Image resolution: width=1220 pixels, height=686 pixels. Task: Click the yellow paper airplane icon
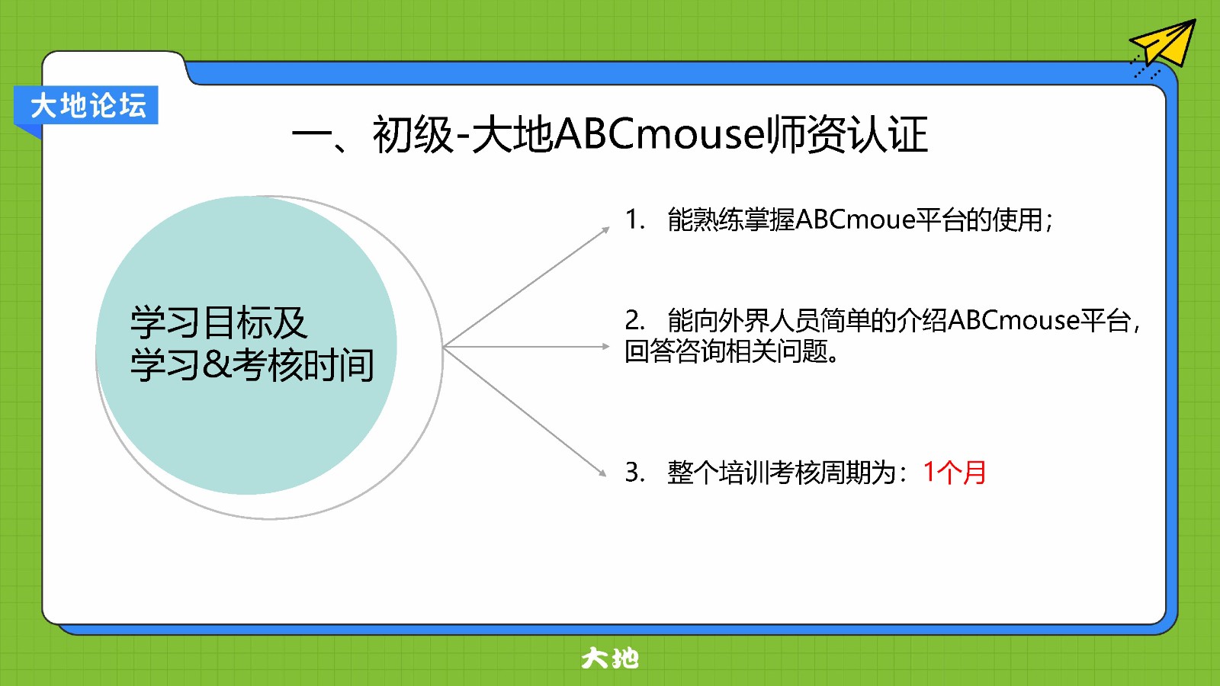[x=1166, y=45]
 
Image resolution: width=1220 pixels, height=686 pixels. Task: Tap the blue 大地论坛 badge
[x=86, y=105]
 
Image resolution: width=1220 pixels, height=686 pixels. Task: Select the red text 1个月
[x=954, y=472]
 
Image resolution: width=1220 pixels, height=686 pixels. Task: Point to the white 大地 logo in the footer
[x=609, y=659]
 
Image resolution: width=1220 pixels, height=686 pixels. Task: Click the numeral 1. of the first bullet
[x=634, y=220]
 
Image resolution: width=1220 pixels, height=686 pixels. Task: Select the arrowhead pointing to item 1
[x=605, y=230]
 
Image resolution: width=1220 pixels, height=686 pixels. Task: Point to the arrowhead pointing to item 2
[x=605, y=346]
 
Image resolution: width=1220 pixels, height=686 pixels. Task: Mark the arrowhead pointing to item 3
[x=602, y=472]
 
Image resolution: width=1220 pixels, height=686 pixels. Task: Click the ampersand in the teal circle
[x=217, y=365]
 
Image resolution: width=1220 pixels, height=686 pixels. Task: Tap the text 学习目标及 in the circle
[x=218, y=323]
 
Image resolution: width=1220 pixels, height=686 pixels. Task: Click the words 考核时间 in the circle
[x=303, y=365]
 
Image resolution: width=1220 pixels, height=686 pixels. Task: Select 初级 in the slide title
[x=413, y=134]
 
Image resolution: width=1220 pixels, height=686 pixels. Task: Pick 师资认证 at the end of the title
[x=847, y=134]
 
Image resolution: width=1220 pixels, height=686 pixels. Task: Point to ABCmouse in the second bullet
[x=1013, y=320]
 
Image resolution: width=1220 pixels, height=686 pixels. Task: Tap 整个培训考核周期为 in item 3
[x=782, y=472]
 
